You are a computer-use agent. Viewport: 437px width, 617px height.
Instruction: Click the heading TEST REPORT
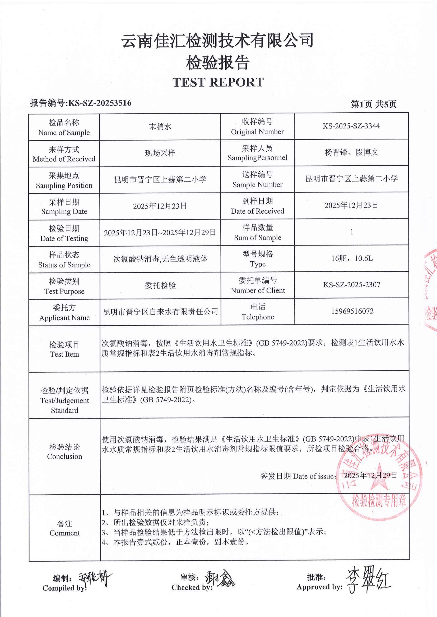coord(218,82)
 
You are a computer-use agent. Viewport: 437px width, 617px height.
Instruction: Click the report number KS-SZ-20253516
coord(100,103)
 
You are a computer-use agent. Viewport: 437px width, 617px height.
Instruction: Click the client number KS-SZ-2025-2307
coord(352,285)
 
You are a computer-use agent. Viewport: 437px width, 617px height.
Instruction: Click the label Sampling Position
coord(64,185)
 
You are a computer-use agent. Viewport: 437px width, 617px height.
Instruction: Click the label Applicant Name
coord(64,318)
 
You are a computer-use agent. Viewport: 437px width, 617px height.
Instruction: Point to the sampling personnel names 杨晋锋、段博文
coord(351,152)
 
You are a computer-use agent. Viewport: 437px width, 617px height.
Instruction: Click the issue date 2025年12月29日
coord(371,475)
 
